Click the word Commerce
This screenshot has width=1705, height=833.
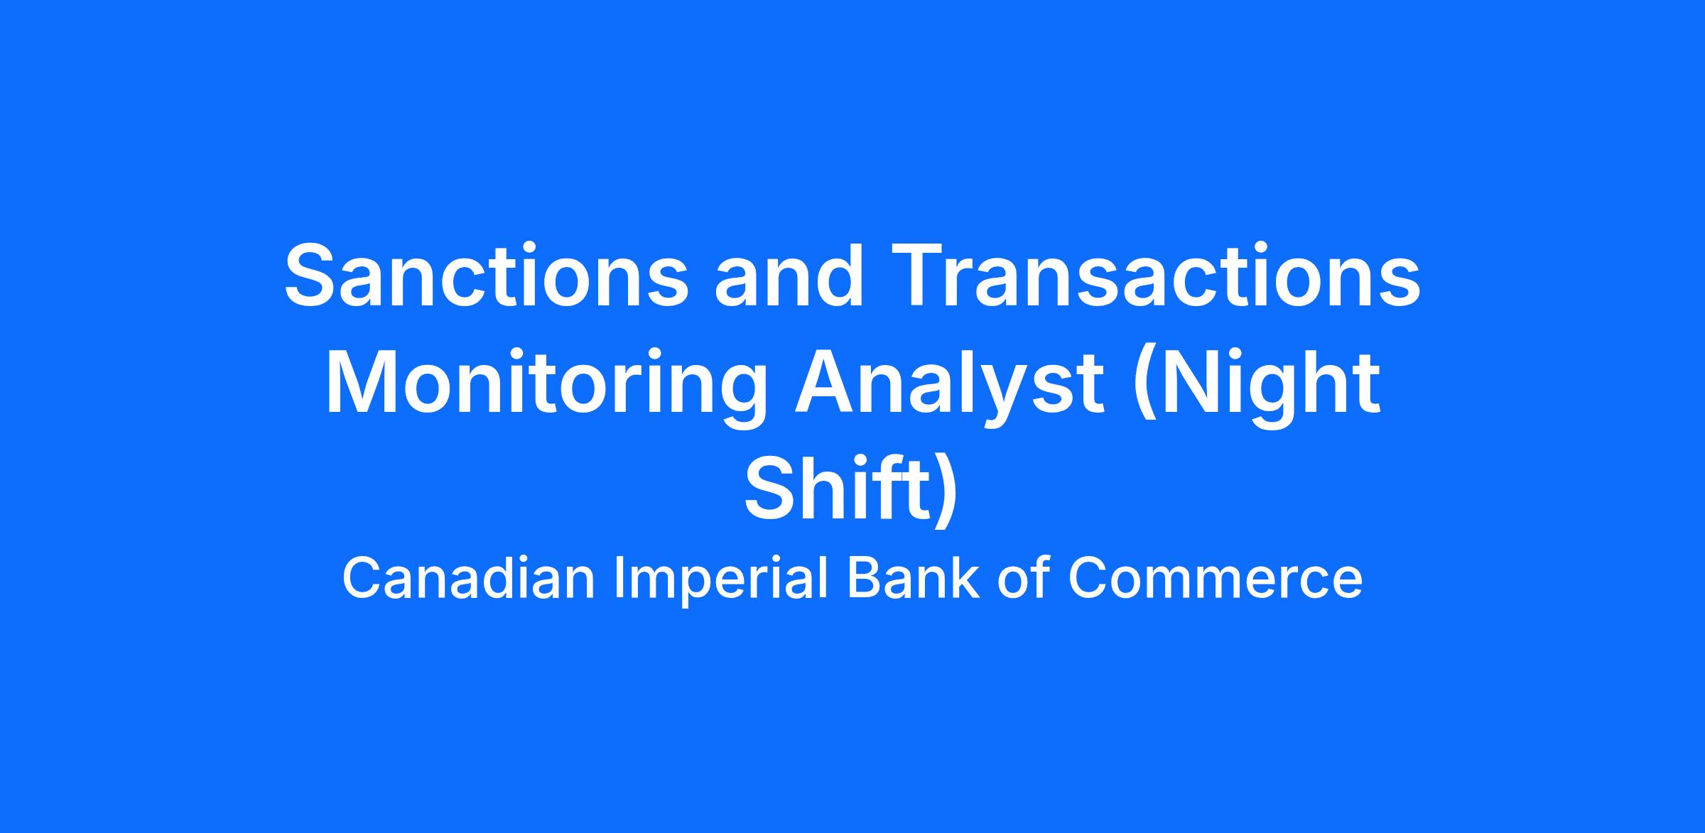click(1215, 579)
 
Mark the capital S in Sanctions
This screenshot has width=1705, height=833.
click(311, 276)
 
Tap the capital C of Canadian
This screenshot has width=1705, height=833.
click(362, 578)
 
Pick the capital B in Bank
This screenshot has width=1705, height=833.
click(863, 578)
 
